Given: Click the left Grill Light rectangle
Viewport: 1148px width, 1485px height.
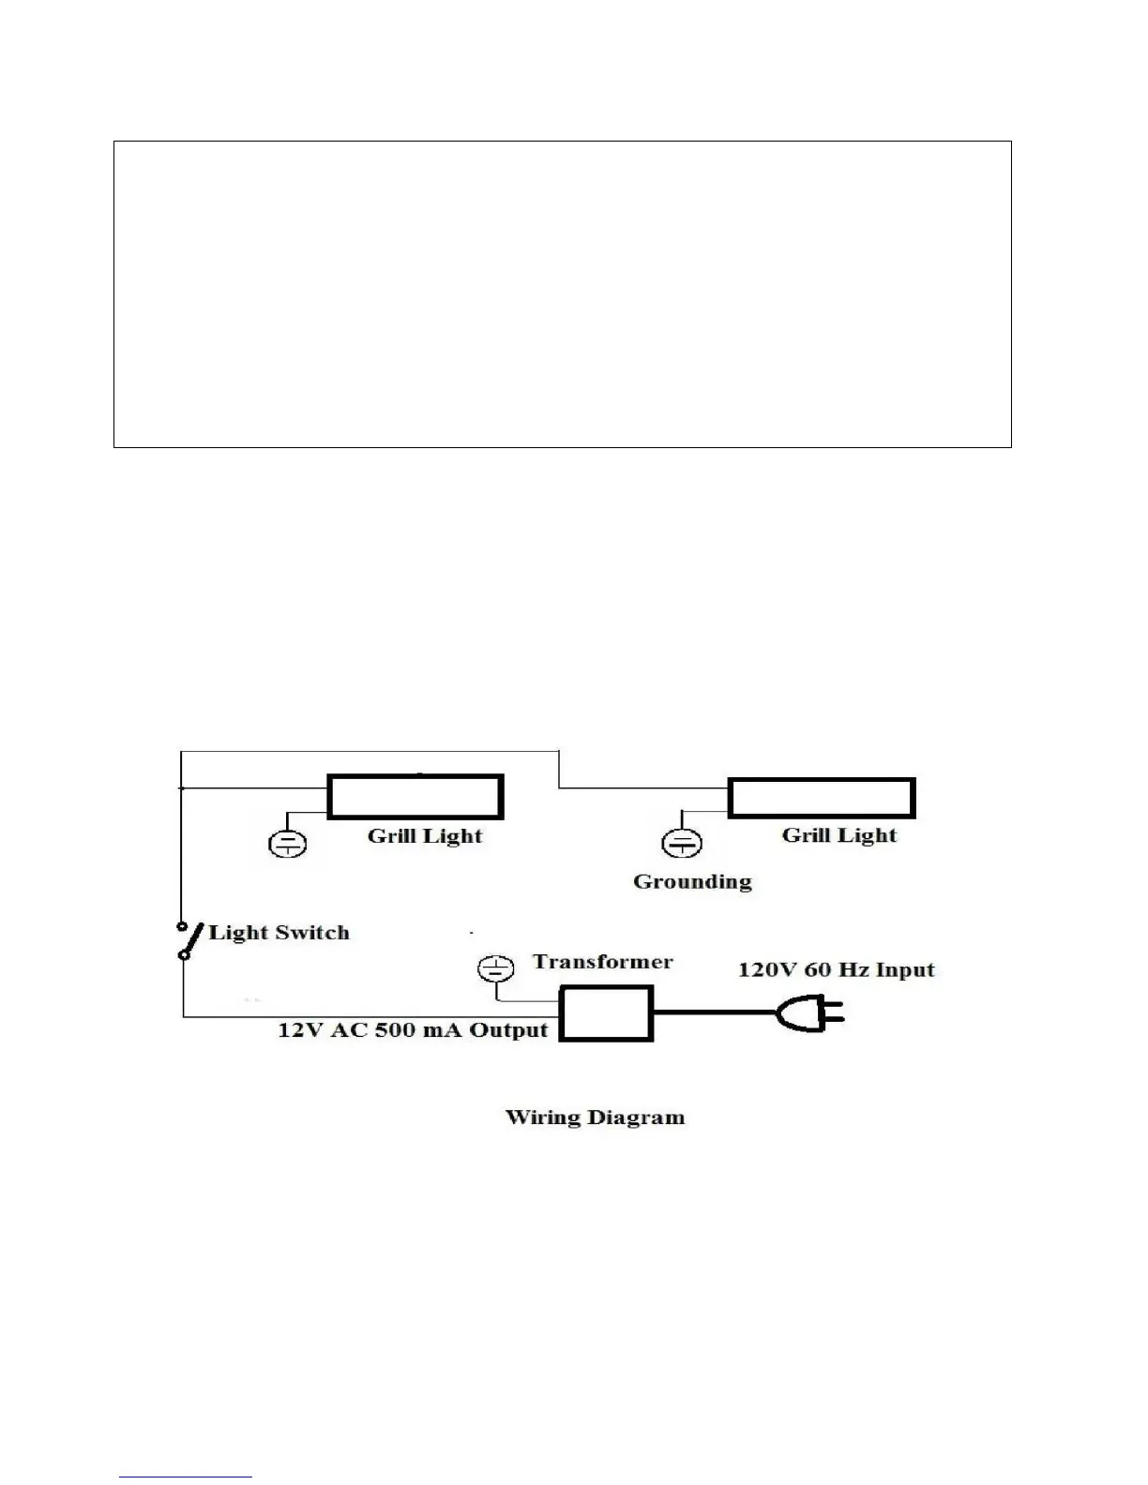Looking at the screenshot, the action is (x=415, y=797).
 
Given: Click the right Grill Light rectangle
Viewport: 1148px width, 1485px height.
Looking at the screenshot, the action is (x=821, y=798).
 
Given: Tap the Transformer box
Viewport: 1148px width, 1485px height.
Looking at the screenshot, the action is (x=606, y=1013).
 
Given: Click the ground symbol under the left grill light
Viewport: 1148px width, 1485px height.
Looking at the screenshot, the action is (x=287, y=844).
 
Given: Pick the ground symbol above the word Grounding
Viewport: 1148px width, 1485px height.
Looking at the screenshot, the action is (x=682, y=844).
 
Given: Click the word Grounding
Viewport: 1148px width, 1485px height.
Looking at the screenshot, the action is (x=692, y=881).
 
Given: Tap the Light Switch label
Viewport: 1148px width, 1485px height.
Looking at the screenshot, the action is (x=279, y=932).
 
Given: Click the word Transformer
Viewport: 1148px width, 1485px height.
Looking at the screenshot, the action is (x=602, y=962).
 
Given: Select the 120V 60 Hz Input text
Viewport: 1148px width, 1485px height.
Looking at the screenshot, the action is (x=836, y=969).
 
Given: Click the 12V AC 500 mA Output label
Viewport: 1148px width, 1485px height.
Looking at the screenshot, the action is (x=412, y=1029).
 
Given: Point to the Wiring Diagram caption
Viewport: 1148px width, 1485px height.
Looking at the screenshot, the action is (x=595, y=1117).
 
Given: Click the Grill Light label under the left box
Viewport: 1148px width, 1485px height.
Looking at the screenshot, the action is (x=424, y=836).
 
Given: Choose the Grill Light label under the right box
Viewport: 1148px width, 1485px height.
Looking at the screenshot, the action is (x=838, y=835).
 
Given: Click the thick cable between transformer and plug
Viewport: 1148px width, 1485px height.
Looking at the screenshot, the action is (x=713, y=1012).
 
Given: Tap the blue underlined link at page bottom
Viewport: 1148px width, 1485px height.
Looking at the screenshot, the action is (x=186, y=1477).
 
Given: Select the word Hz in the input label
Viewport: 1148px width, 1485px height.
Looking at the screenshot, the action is (x=853, y=969).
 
